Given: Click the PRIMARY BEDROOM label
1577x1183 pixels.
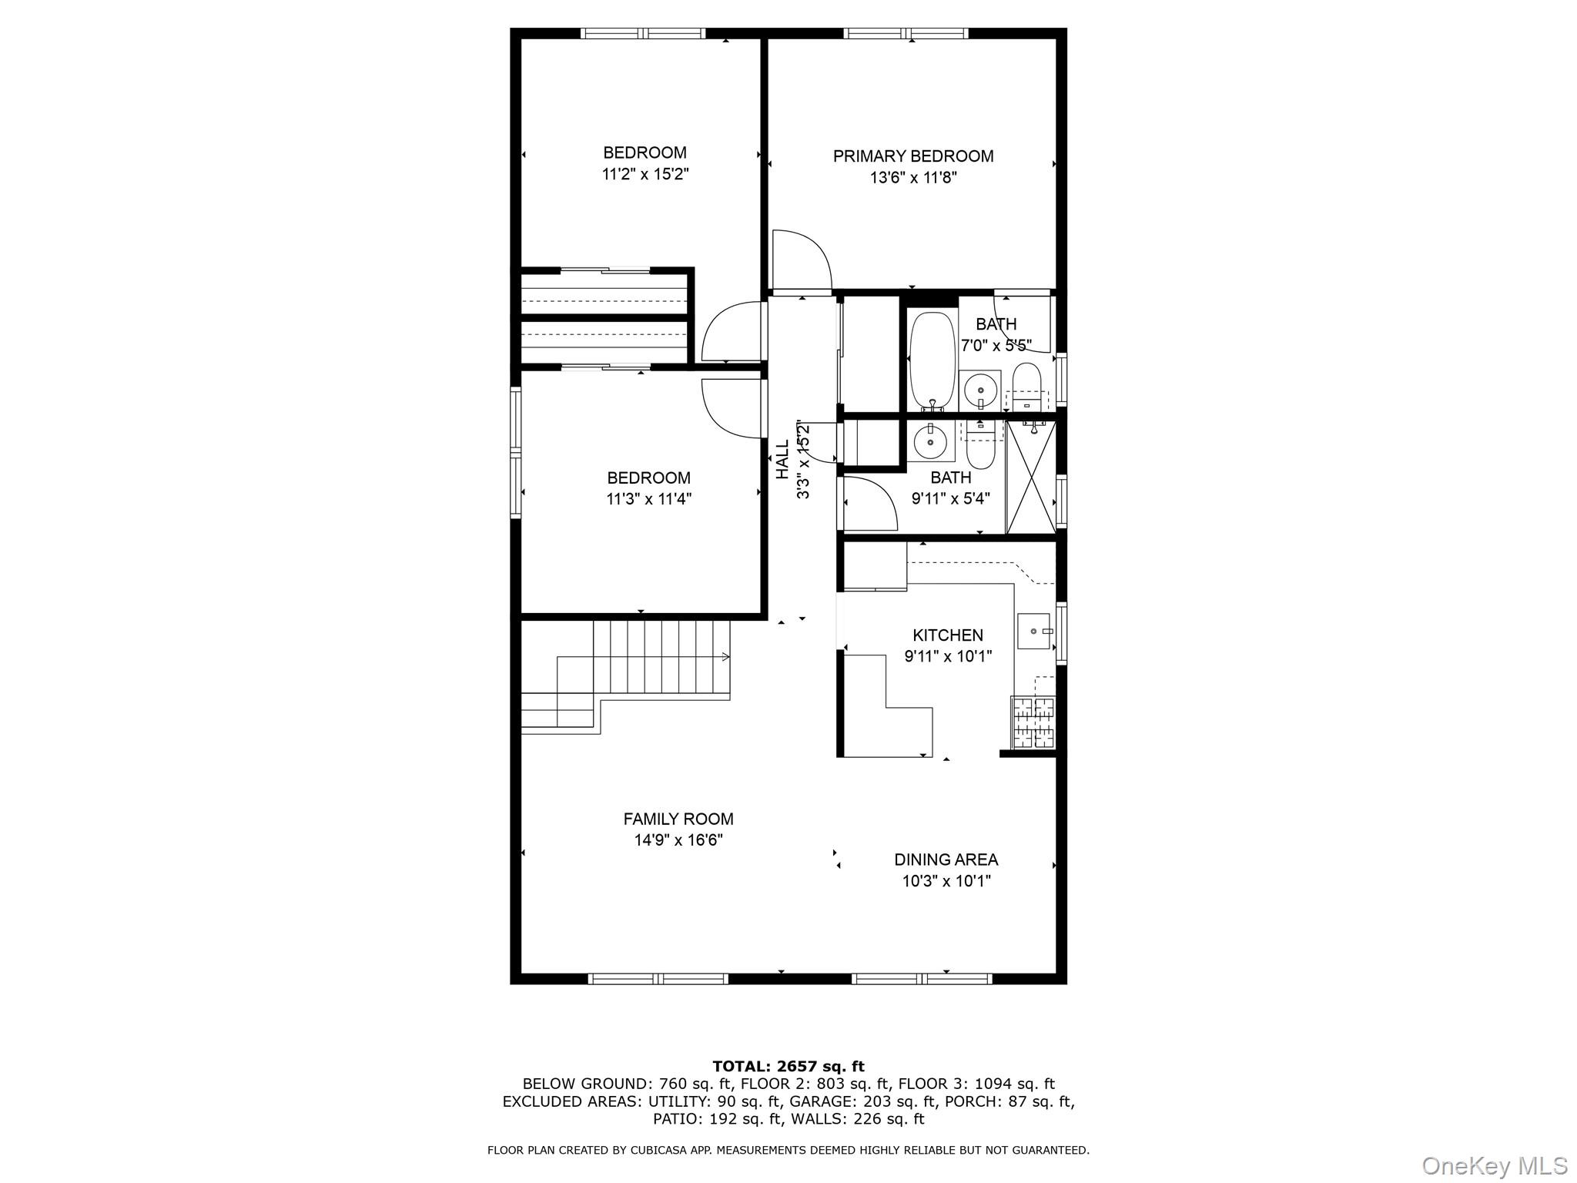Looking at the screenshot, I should click(913, 156).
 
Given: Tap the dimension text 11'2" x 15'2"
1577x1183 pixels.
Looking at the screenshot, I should click(645, 175).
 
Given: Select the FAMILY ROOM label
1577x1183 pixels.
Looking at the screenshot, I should click(678, 819).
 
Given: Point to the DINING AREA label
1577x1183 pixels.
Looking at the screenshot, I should click(946, 860).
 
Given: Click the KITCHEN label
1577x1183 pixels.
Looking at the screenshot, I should click(947, 635).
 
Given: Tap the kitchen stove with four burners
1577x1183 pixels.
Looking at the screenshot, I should click(1033, 722).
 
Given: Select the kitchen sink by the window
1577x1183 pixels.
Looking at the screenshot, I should click(1033, 631).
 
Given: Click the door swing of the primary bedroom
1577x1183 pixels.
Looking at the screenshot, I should click(801, 260).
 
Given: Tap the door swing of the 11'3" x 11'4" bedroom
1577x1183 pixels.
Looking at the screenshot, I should click(731, 409).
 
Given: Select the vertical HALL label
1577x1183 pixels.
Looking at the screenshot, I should click(782, 460).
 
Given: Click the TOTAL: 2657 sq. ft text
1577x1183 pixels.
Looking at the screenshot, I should click(788, 1067).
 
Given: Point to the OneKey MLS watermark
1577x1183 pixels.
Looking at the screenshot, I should click(1494, 1166).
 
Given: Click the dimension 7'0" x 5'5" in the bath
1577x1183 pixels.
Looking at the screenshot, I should click(996, 346).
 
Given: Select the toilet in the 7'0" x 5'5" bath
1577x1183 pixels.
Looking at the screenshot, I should click(1026, 385).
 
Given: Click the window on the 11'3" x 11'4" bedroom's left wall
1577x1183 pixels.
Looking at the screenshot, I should click(515, 451).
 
